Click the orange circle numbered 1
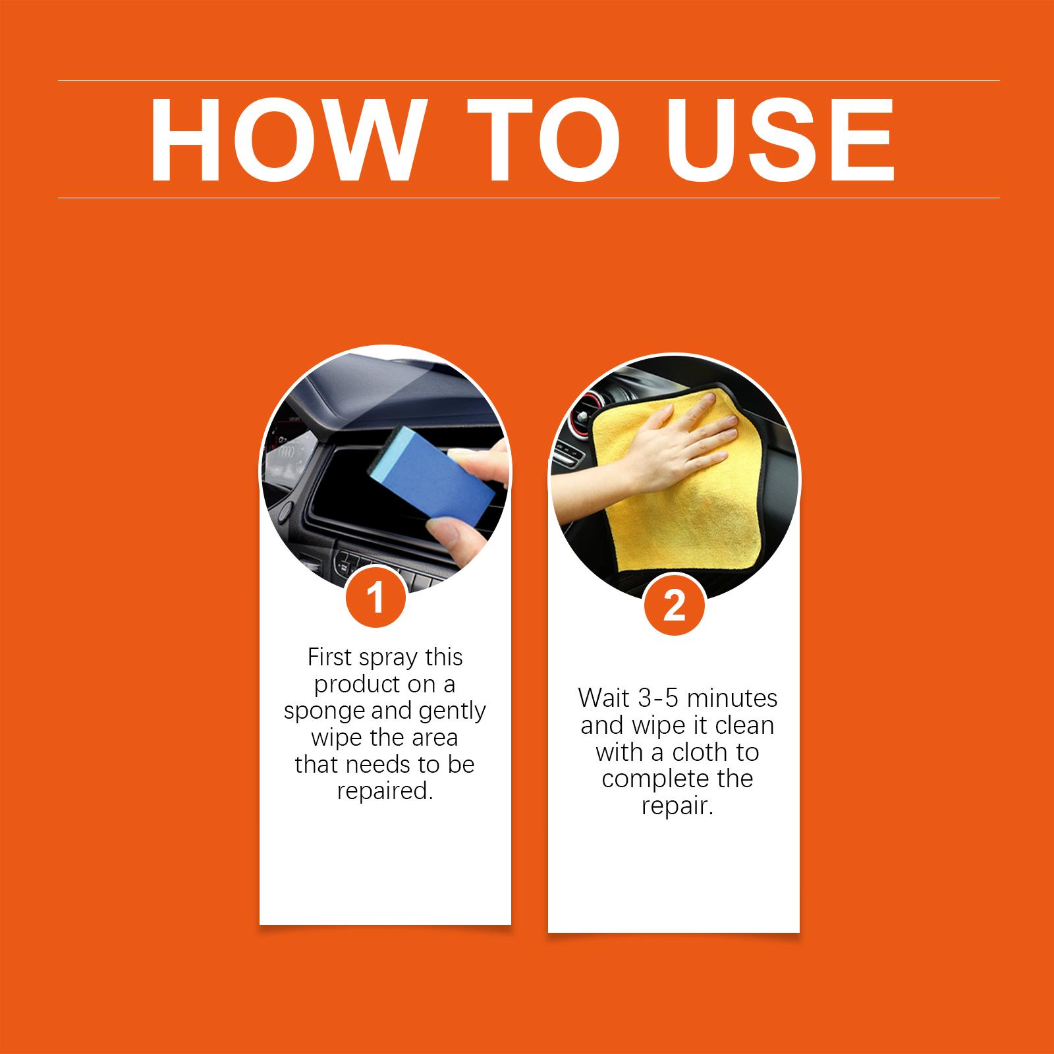(376, 599)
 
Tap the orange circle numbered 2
(675, 606)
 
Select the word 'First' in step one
(333, 657)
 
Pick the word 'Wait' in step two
(605, 698)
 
